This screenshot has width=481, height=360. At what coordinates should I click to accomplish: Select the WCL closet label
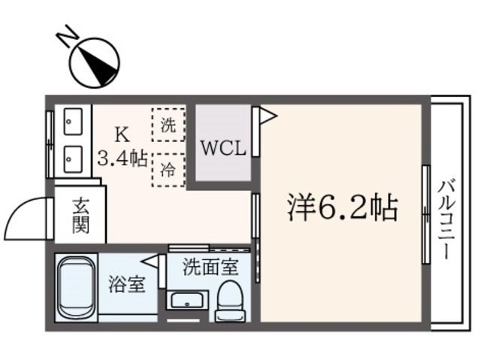point(222,147)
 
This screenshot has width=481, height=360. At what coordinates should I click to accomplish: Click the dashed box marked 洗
point(168,126)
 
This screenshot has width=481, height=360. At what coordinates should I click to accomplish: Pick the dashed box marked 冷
point(168,169)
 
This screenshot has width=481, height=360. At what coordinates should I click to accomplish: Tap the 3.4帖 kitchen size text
point(122,159)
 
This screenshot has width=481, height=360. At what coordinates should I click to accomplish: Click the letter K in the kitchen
point(121,135)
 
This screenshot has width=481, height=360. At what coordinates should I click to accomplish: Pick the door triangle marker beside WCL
point(266,116)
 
